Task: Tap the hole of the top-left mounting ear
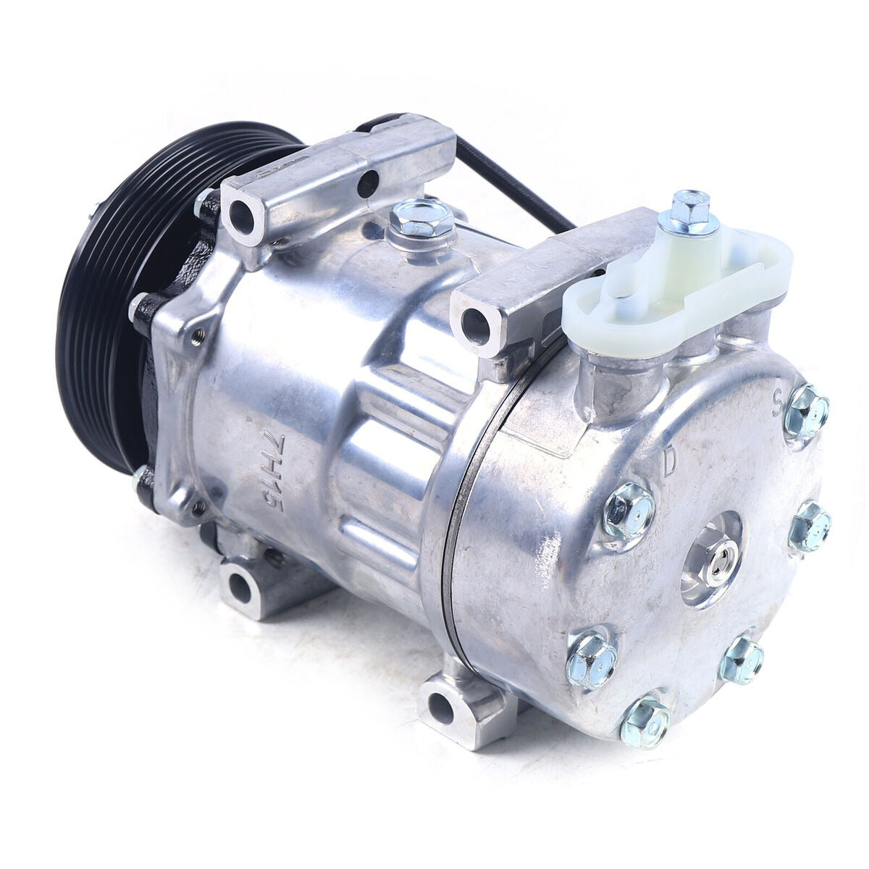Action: click(x=241, y=211)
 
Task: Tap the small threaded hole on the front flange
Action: click(x=197, y=335)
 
